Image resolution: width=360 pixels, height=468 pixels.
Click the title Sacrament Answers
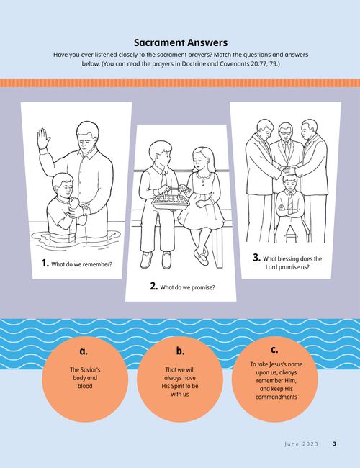(180, 42)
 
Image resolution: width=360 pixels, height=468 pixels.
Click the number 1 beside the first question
(45, 264)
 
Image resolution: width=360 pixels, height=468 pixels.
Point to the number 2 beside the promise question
(154, 286)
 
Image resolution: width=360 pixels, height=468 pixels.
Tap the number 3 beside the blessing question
(256, 257)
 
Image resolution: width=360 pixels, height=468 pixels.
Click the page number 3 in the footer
(334, 444)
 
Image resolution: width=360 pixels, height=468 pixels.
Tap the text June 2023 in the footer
(301, 444)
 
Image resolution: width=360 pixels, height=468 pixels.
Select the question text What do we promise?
(187, 287)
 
